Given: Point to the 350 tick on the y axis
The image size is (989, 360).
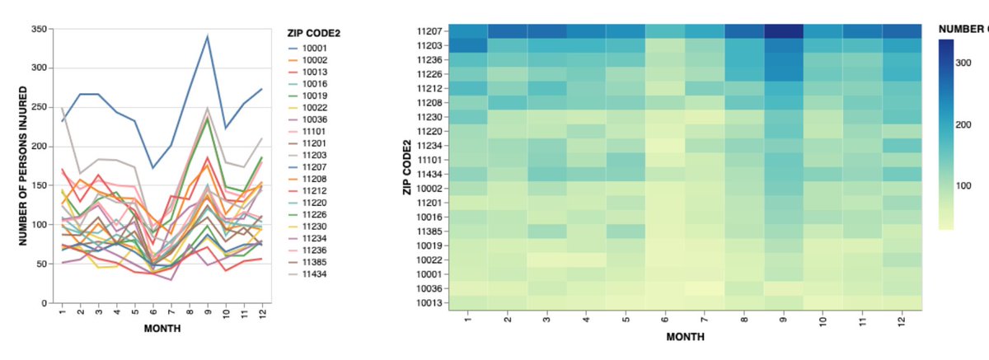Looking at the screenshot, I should click(x=39, y=29).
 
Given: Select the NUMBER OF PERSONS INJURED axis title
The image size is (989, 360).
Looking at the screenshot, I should click(x=24, y=166).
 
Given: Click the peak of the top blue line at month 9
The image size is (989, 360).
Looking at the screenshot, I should click(x=207, y=36).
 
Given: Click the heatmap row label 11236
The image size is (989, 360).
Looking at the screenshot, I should click(x=433, y=59).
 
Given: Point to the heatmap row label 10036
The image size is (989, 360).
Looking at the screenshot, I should click(x=433, y=288).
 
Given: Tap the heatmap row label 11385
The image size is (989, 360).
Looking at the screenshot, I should click(x=433, y=231).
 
